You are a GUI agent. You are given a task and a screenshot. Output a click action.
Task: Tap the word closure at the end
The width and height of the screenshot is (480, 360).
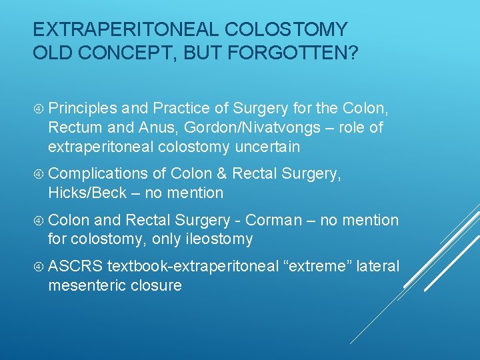click(159, 285)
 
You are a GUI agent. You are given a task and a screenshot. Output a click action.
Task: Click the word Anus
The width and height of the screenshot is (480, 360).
click(153, 127)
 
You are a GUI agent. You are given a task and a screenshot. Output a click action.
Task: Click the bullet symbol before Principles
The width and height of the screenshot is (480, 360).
click(39, 108)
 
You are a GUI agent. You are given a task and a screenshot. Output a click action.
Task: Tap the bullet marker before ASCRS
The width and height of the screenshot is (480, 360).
click(39, 267)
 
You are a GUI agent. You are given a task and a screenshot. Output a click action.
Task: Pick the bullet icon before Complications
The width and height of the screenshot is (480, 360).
click(39, 174)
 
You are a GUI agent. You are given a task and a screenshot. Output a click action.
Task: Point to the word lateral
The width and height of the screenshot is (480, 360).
click(378, 267)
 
